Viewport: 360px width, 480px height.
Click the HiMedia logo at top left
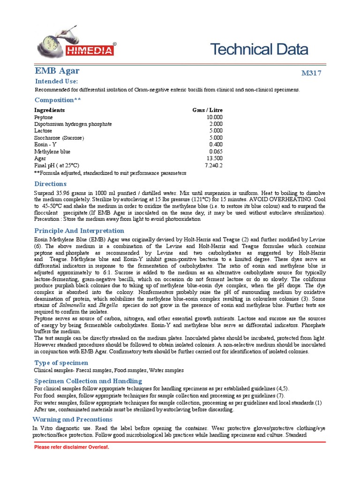[76, 45]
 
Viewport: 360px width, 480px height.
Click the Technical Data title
[259, 49]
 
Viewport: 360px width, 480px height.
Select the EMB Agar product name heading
[57, 71]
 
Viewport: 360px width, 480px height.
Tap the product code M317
[311, 74]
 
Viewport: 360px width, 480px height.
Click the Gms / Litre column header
[208, 110]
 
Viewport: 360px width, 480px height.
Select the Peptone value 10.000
[215, 117]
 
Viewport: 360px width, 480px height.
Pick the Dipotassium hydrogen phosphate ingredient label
[73, 124]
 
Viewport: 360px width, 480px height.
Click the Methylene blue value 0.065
[216, 152]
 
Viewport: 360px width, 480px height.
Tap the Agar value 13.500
[215, 159]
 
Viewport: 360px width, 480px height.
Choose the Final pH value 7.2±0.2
[214, 166]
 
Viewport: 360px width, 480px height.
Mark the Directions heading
[50, 184]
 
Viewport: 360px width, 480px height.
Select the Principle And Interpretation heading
[79, 231]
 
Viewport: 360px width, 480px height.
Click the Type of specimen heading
[61, 363]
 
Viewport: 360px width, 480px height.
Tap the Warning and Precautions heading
[72, 419]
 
